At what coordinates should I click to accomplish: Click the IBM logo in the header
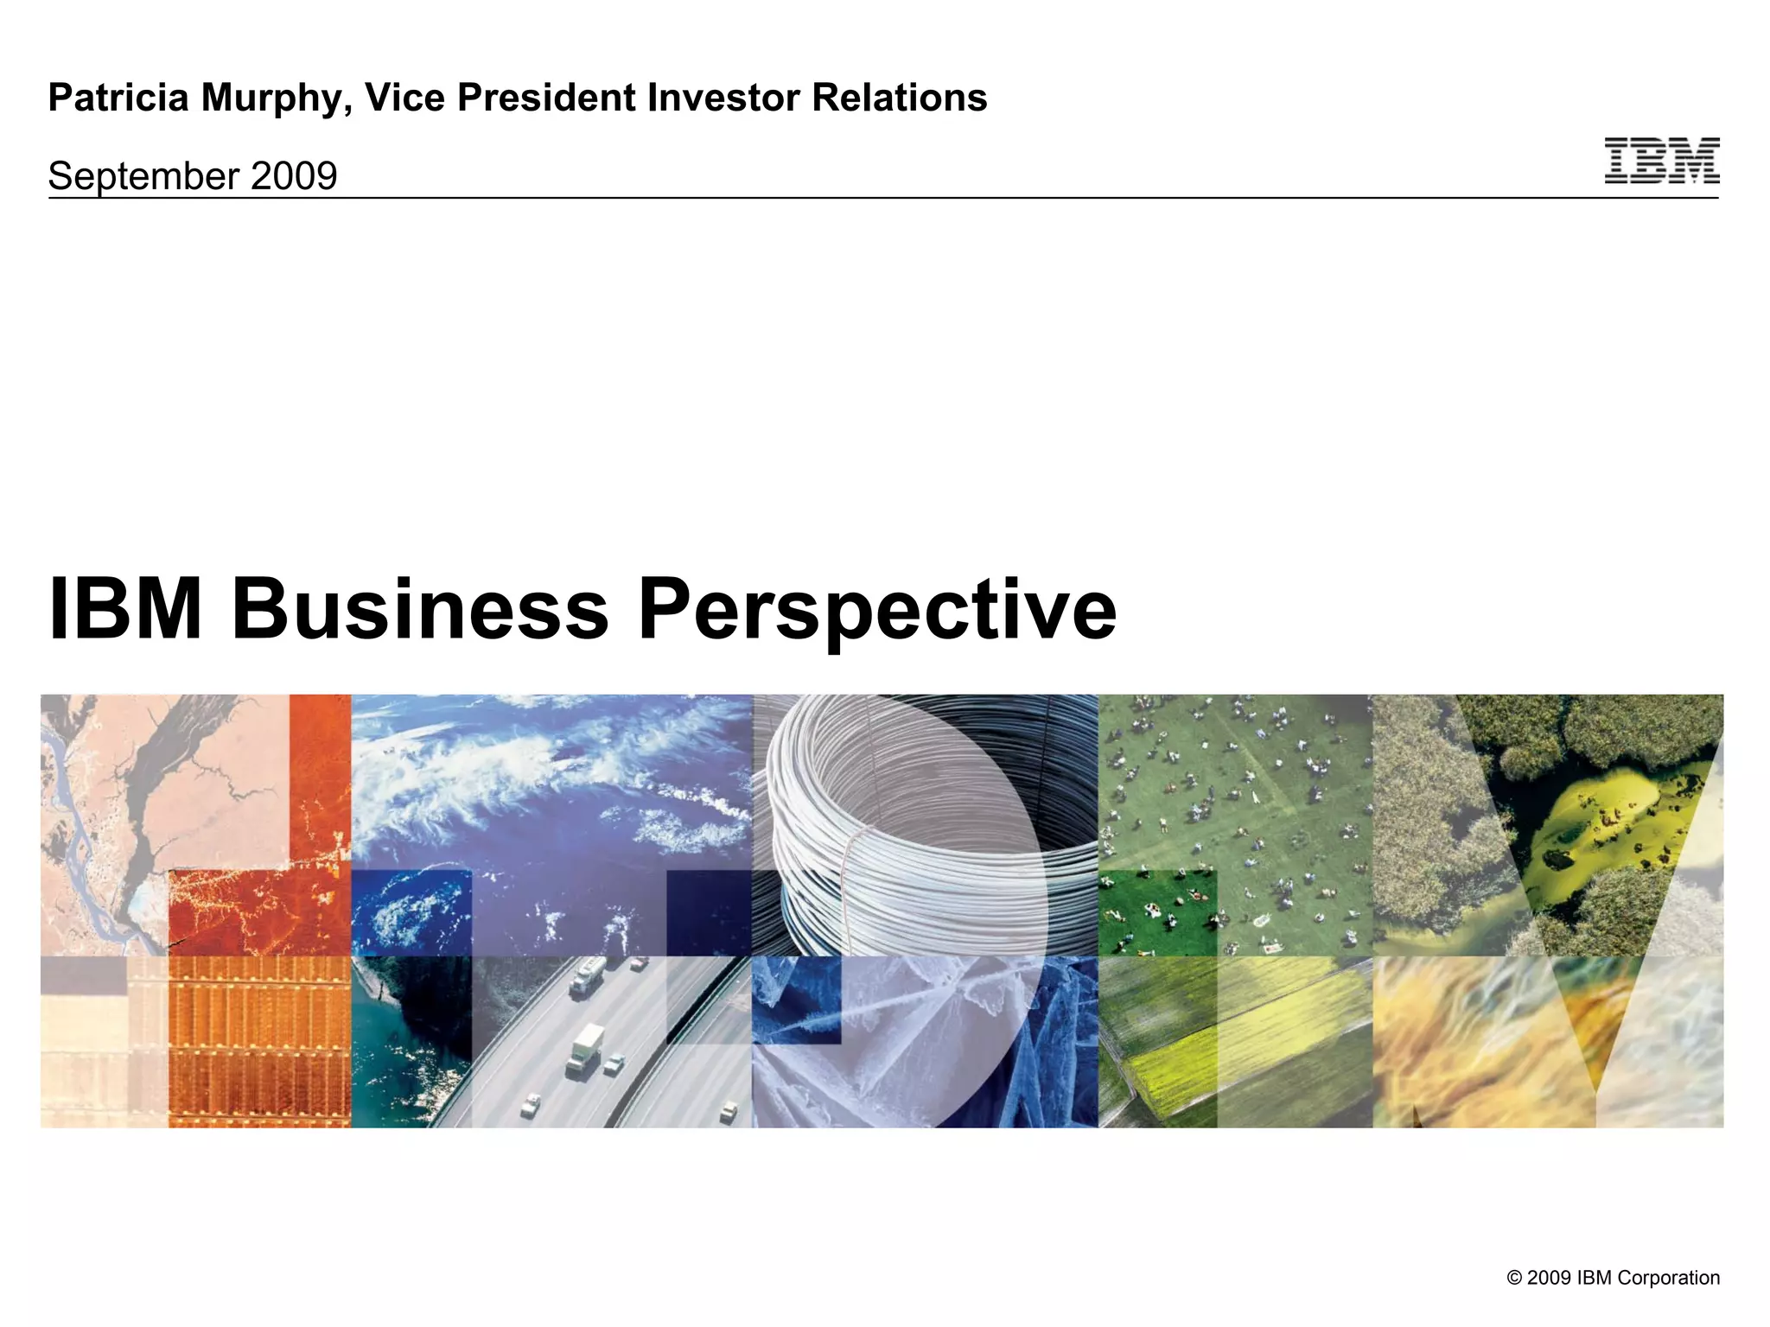pos(1661,161)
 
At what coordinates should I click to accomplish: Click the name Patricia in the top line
pos(118,98)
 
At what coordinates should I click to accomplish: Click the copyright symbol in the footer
pos(1514,1278)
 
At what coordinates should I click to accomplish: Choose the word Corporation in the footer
pos(1668,1278)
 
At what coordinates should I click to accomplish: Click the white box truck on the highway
pos(586,1048)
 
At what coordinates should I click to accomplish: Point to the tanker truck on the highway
pos(587,974)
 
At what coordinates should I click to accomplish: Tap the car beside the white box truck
pos(614,1064)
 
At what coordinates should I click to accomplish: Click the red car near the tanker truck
pos(639,963)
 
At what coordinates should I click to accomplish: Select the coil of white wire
pos(907,829)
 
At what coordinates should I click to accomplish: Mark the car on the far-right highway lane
pos(729,1111)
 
